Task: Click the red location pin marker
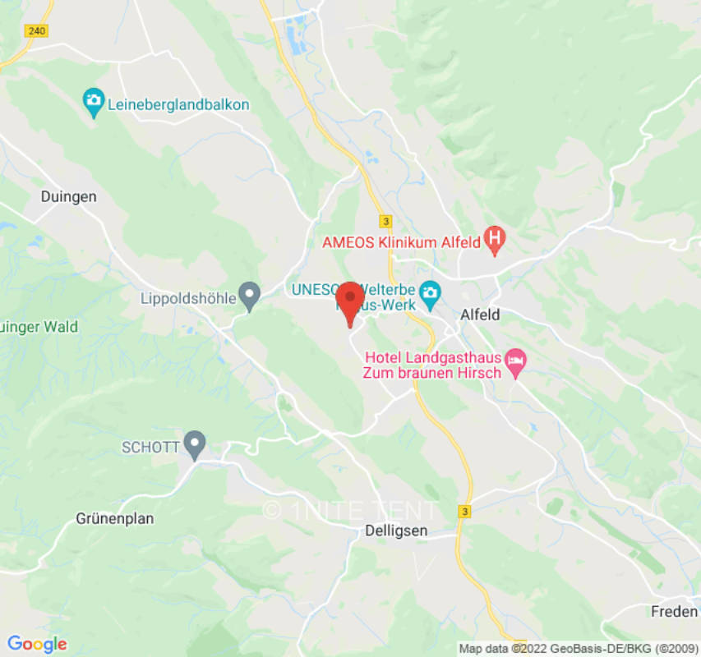coord(350,300)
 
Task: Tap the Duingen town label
coord(69,197)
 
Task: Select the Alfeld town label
coord(480,315)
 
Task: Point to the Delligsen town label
coord(395,531)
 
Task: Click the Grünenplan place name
coord(115,519)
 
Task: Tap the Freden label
coord(674,612)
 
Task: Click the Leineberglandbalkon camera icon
coord(95,102)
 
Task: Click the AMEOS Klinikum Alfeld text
coord(401,243)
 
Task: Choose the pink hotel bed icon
coord(515,360)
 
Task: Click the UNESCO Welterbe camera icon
coord(430,292)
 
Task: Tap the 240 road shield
coord(37,30)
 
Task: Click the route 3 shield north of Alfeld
coord(385,222)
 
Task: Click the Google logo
coord(37,643)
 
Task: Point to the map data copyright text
coord(576,649)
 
